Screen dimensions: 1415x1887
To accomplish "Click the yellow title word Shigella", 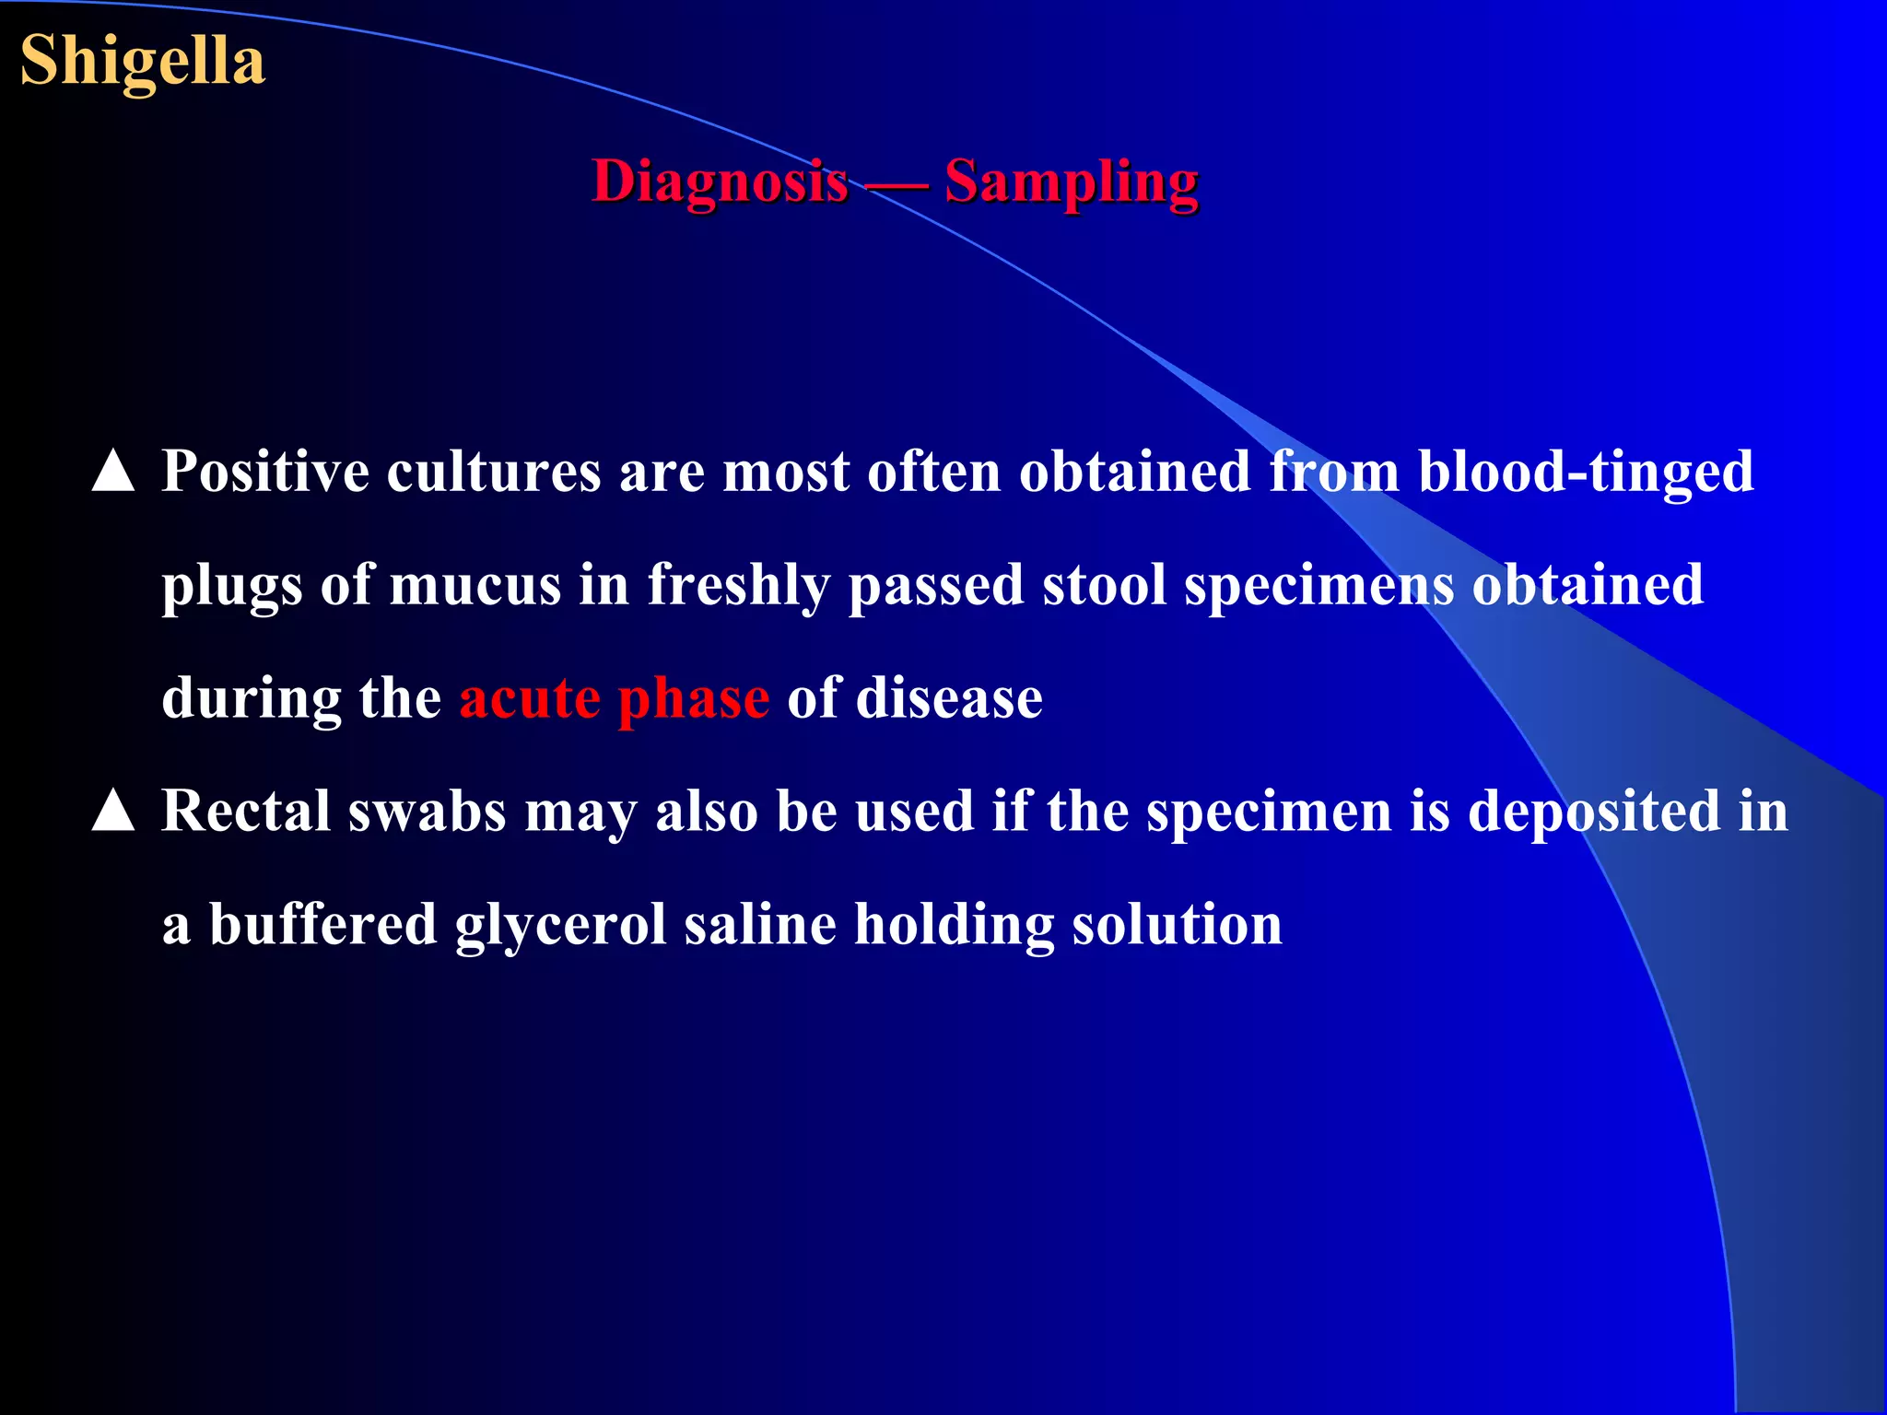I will click(x=143, y=61).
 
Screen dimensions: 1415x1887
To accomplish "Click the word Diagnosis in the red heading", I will click(x=720, y=181).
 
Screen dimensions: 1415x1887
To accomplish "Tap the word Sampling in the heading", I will click(x=1072, y=181).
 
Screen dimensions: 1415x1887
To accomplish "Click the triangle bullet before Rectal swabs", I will click(x=113, y=811).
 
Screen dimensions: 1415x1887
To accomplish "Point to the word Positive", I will click(x=265, y=472).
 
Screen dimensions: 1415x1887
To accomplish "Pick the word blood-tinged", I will click(x=1585, y=472).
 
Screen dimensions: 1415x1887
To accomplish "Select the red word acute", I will click(x=530, y=698).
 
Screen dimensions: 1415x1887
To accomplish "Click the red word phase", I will click(x=693, y=698).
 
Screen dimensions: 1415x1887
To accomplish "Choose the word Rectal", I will click(x=246, y=812).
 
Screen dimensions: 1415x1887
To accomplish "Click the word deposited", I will click(x=1594, y=812).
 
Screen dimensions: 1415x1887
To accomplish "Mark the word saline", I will click(x=760, y=925).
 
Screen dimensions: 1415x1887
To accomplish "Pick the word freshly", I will click(x=738, y=586).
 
